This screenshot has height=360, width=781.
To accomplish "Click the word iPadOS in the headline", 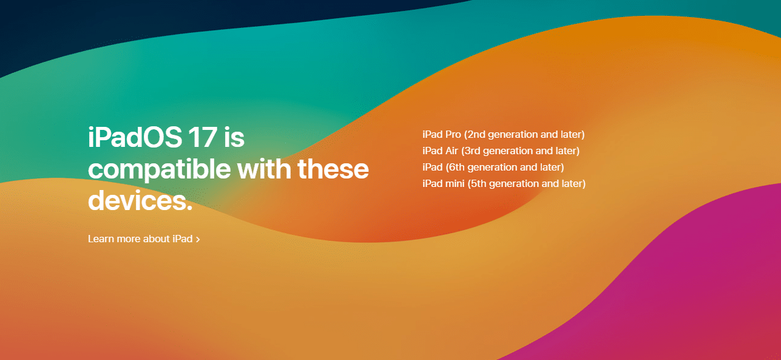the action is (135, 137).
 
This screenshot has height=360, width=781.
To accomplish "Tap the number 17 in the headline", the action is (203, 137).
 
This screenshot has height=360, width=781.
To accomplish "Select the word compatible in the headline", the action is (160, 170).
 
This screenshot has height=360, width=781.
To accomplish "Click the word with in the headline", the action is (264, 169).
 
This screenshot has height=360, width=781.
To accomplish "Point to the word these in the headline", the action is (333, 169).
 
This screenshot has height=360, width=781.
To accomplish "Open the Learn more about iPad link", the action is (144, 239).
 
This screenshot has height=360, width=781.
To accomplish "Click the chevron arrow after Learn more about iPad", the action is (198, 239).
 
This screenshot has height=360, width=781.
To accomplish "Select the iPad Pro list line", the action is (504, 135).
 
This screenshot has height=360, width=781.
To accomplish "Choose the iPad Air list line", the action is (501, 151).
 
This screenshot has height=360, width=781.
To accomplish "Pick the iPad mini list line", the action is (504, 184).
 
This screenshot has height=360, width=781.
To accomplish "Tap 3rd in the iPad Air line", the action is (472, 151).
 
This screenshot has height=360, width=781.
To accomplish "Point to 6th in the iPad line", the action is (456, 167).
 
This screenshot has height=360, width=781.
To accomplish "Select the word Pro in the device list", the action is (453, 134).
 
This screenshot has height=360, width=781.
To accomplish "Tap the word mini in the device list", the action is (455, 183).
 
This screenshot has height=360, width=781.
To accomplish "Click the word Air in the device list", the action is (451, 151).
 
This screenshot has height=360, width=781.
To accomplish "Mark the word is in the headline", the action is (234, 137).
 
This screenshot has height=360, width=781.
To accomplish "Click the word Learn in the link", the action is (101, 239).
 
